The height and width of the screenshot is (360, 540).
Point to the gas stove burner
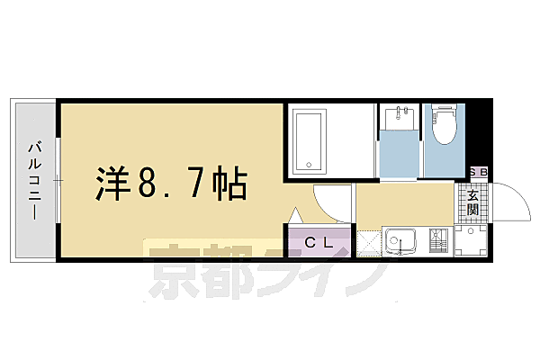tap(437, 242)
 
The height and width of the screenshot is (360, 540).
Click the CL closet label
tap(317, 241)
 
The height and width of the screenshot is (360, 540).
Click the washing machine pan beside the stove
tap(469, 242)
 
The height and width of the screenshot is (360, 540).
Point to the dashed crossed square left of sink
tap(368, 242)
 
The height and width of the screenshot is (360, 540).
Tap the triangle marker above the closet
tap(294, 216)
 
